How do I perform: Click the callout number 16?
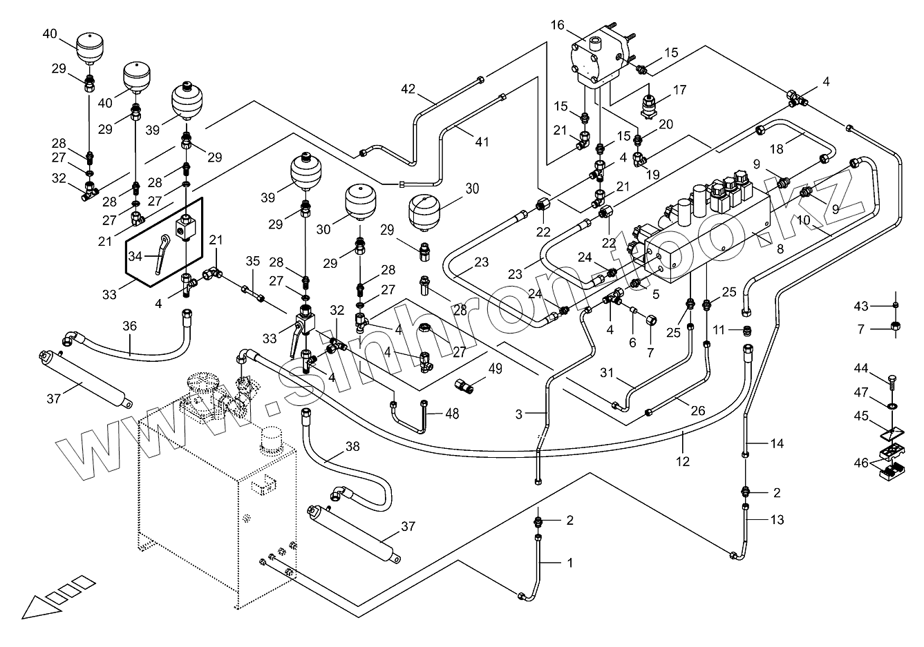(558, 26)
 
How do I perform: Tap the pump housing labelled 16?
(598, 55)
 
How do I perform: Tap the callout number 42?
(408, 88)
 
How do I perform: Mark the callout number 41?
(482, 142)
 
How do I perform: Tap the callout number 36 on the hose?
(130, 326)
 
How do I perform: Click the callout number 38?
(352, 447)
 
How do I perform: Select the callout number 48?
(452, 414)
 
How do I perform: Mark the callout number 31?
(607, 374)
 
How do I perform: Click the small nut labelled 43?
(896, 305)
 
